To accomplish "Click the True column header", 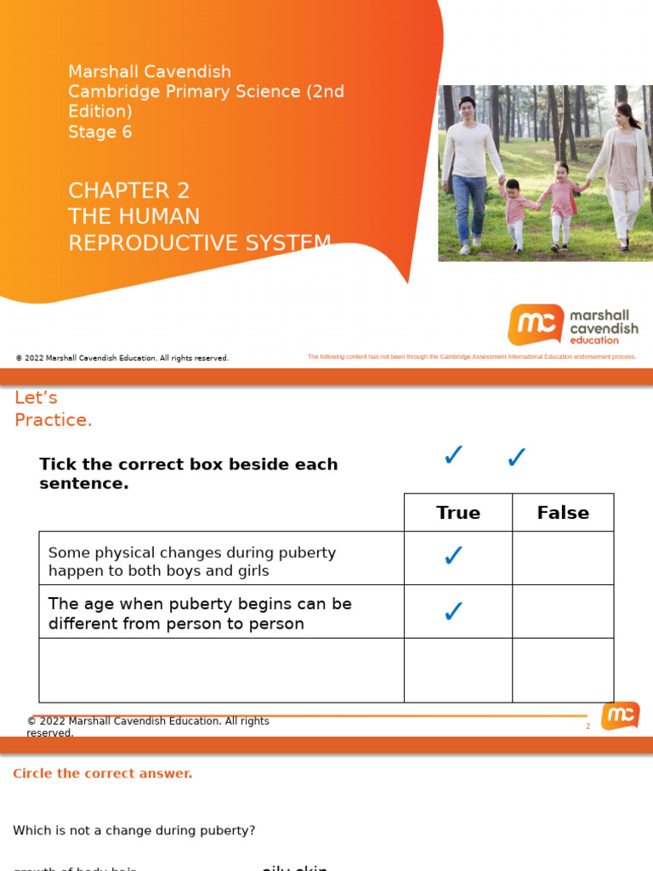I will tap(457, 513).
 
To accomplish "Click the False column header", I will tap(563, 513).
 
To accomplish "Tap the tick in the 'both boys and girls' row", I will tap(454, 556).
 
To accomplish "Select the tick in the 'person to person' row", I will tap(454, 611).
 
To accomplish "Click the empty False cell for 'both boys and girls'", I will tap(563, 558).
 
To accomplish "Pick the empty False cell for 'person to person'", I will tap(563, 612).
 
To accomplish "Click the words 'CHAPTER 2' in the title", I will tap(129, 191).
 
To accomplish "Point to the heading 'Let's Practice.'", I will tap(53, 409).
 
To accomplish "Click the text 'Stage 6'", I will tap(100, 132).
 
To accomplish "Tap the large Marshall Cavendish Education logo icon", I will tap(536, 324).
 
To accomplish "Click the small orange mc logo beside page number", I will tap(620, 716).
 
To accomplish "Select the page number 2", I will tap(588, 726).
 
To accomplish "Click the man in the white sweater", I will tap(468, 170).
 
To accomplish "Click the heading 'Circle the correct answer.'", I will tap(103, 773).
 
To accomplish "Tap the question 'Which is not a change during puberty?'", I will tap(133, 830).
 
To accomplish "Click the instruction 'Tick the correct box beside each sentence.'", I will tap(188, 474).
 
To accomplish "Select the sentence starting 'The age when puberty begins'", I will tap(200, 613).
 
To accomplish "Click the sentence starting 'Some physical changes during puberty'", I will tap(192, 561).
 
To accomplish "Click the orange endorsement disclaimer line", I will tap(471, 357).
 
